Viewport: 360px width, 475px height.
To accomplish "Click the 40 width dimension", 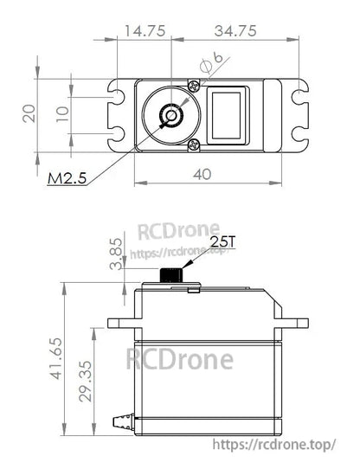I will pyautogui.click(x=202, y=173).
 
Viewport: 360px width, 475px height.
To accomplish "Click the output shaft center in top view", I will pyautogui.click(x=170, y=114).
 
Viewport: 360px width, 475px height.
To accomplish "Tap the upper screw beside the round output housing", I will pyautogui.click(x=192, y=85).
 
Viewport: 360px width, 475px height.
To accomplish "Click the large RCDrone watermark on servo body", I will pyautogui.click(x=180, y=357).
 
